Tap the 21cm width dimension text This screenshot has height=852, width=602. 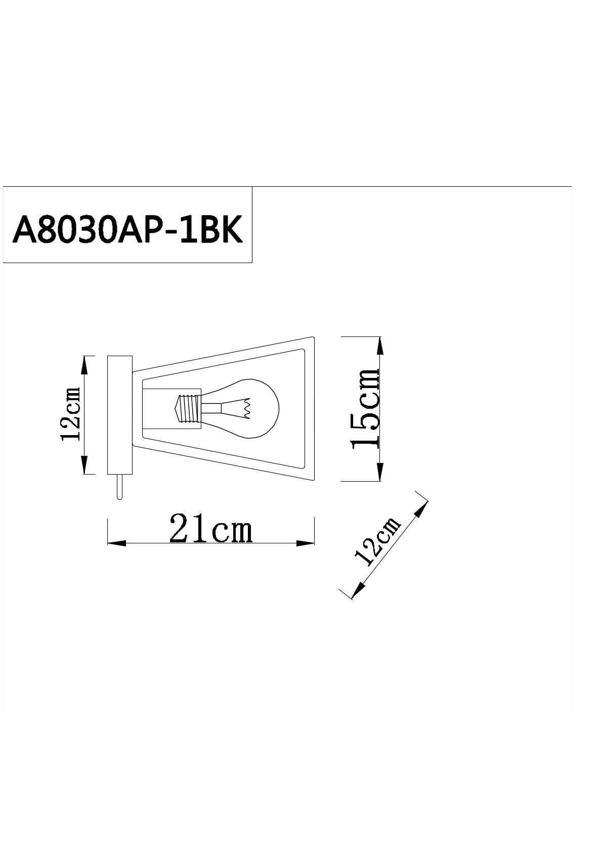(210, 528)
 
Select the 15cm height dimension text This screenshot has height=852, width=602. (366, 409)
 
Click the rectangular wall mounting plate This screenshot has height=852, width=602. (120, 415)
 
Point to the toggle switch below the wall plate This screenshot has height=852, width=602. (119, 487)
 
